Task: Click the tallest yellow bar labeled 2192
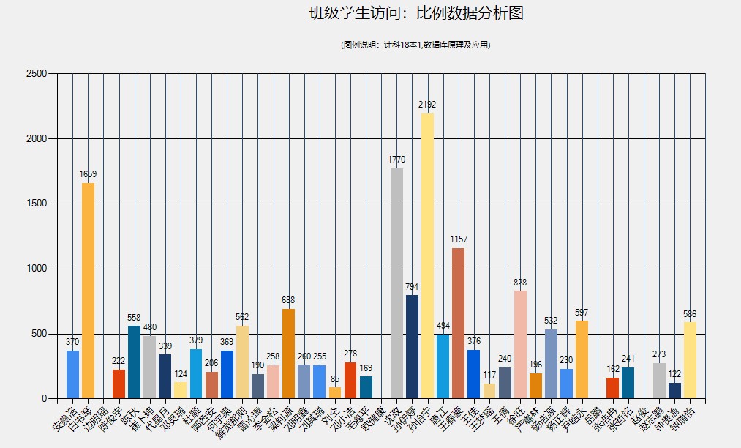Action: coord(427,256)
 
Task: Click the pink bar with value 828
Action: coord(520,345)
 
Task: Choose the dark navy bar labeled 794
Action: coord(412,347)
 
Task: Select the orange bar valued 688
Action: coord(288,354)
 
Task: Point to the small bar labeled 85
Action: coord(335,393)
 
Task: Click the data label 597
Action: coord(582,313)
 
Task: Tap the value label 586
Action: coord(690,314)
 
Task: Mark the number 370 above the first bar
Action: coord(72,342)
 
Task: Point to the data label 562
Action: coord(242,317)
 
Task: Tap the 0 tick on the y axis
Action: coord(44,399)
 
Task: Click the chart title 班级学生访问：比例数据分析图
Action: coord(416,13)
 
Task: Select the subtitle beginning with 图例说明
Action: coord(416,45)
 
